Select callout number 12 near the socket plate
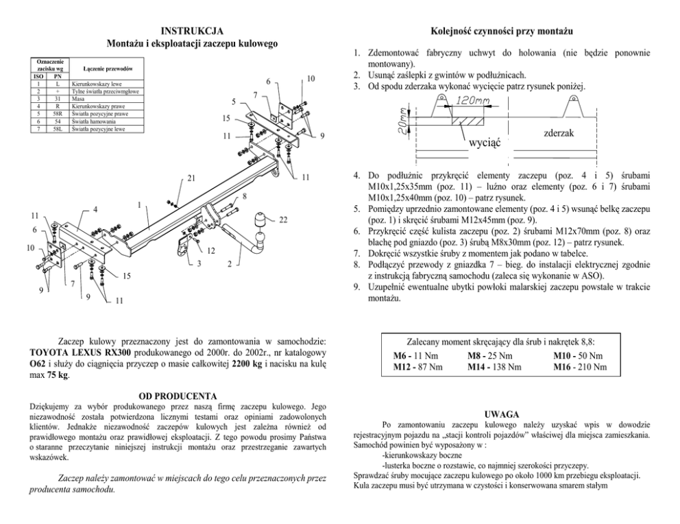click(x=210, y=250)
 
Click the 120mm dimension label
click(x=470, y=100)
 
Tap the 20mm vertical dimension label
click(x=403, y=123)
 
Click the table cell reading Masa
click(x=77, y=98)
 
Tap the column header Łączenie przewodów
click(x=107, y=70)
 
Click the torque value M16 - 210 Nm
click(x=579, y=367)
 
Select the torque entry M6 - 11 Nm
click(x=415, y=356)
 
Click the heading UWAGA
click(x=501, y=415)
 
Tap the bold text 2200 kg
click(x=247, y=363)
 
